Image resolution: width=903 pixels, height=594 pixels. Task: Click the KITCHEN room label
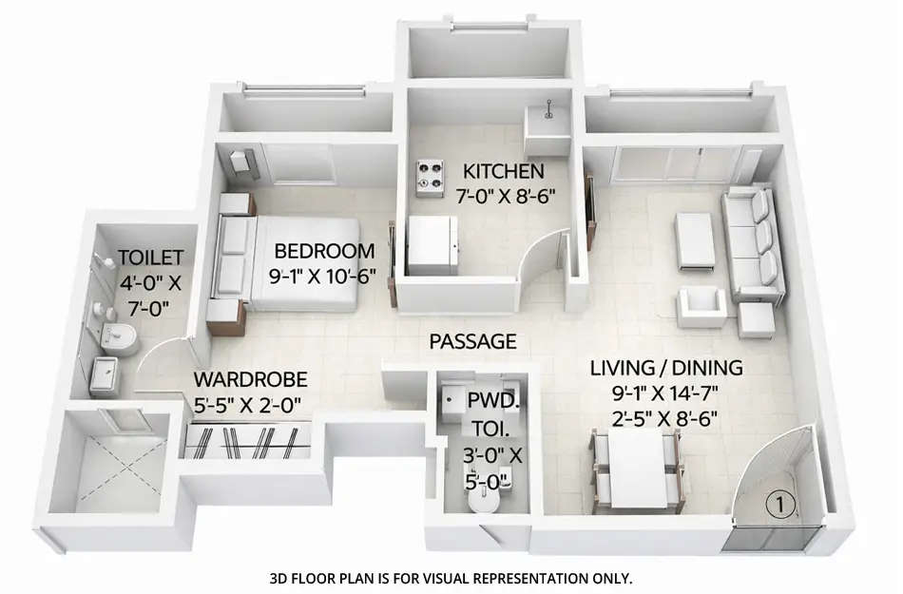pos(504,172)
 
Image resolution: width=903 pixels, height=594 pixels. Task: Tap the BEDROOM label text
pos(324,252)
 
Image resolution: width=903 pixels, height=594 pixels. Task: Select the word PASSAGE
pos(472,341)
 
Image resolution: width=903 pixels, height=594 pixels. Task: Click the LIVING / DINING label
pos(666,368)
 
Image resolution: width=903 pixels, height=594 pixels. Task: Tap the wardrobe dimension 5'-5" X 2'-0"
pos(249,404)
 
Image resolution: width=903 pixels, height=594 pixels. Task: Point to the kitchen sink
pos(547,120)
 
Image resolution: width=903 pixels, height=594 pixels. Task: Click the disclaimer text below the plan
pos(451,578)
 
